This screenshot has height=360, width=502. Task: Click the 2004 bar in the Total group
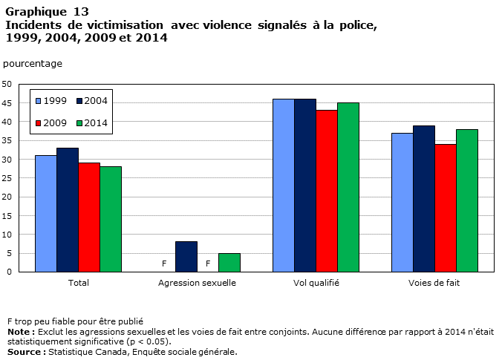68,210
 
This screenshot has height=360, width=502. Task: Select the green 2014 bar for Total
111,219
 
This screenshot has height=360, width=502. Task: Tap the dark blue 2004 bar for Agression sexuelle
186,257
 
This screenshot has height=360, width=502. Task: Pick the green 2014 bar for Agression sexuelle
229,263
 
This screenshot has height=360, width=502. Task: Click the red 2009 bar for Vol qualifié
327,191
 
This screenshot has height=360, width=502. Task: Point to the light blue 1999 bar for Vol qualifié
284,186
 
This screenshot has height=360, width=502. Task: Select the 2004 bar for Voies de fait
424,199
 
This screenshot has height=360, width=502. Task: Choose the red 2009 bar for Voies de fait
446,208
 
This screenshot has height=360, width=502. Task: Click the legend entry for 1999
51,101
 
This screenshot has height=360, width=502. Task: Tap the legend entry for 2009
51,123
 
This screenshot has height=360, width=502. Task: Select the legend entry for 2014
92,123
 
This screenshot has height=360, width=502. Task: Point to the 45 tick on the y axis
7,103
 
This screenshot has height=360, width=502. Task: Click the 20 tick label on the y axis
7,197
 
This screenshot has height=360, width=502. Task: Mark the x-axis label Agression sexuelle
198,283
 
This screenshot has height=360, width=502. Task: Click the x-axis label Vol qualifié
316,283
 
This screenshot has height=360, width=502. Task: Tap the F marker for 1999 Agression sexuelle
164,264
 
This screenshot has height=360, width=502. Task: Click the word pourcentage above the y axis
33,64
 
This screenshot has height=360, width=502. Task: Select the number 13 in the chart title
81,12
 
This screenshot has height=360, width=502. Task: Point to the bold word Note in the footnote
19,332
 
